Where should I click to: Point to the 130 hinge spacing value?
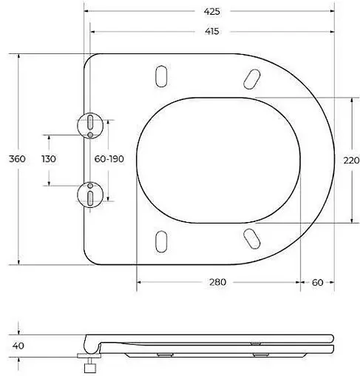tap(49, 159)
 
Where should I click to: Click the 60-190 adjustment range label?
tap(109, 159)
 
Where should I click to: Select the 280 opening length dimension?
tap(217, 282)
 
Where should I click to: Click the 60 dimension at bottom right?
tap(318, 282)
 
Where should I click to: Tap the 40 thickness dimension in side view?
tap(20, 345)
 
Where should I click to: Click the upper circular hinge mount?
tap(89, 124)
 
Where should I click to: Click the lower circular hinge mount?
tap(89, 195)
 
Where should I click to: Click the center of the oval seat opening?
tap(219, 159)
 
